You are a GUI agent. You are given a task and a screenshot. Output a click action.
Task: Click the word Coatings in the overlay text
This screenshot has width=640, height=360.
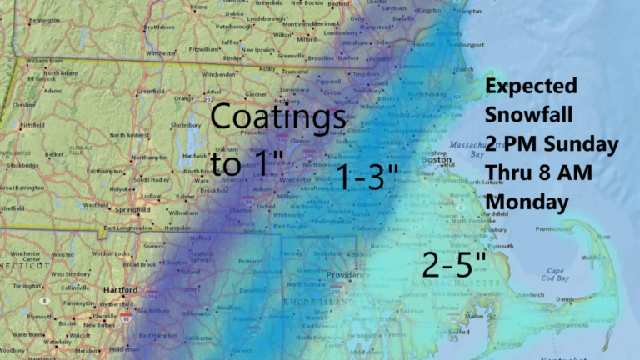(277, 117)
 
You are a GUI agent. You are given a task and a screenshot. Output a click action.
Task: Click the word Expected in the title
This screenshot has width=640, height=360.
(531, 87)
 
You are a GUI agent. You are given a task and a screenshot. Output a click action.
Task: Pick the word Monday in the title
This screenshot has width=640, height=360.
(527, 202)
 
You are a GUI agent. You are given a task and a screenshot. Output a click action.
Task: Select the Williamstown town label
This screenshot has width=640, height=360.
(46, 61)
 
